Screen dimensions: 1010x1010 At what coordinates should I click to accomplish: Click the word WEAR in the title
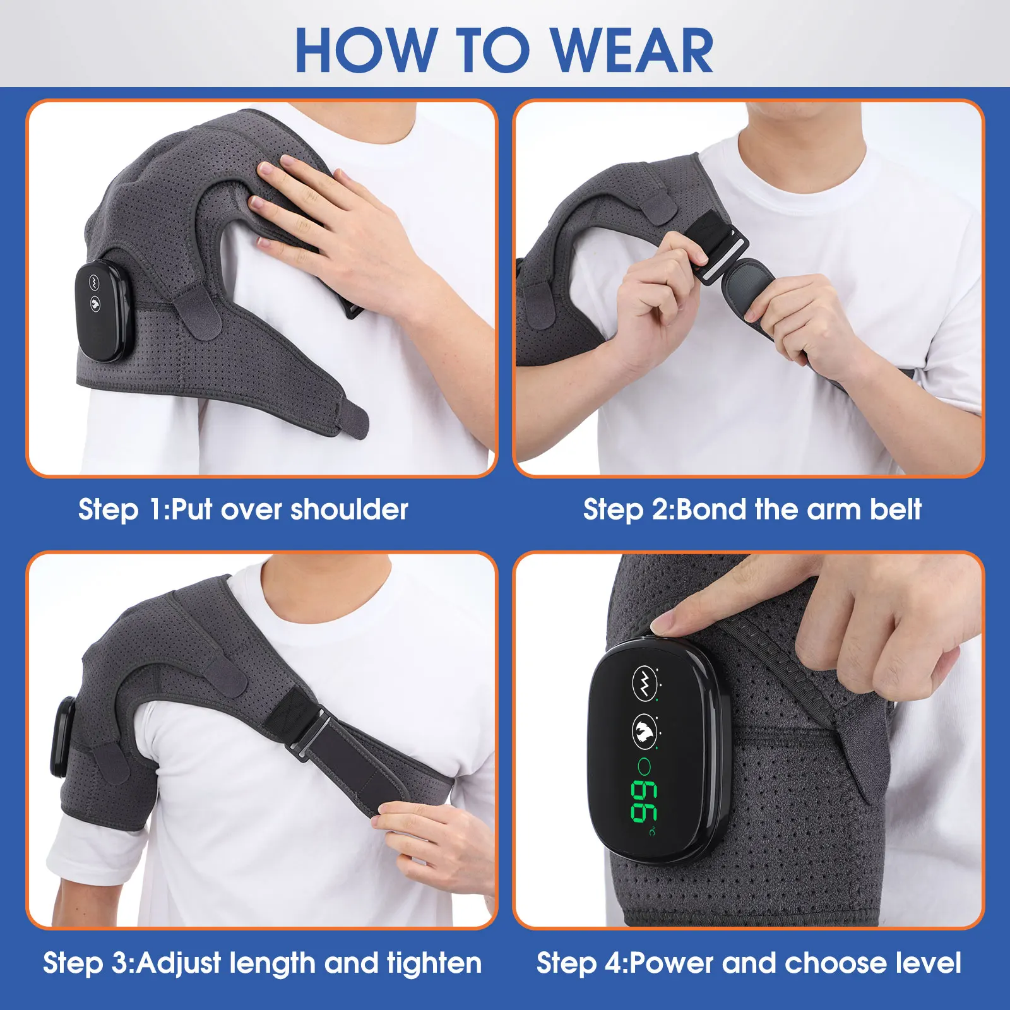point(633,50)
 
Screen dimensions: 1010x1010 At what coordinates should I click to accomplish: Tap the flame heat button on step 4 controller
point(644,731)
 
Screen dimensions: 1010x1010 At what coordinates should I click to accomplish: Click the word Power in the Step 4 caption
point(672,963)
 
